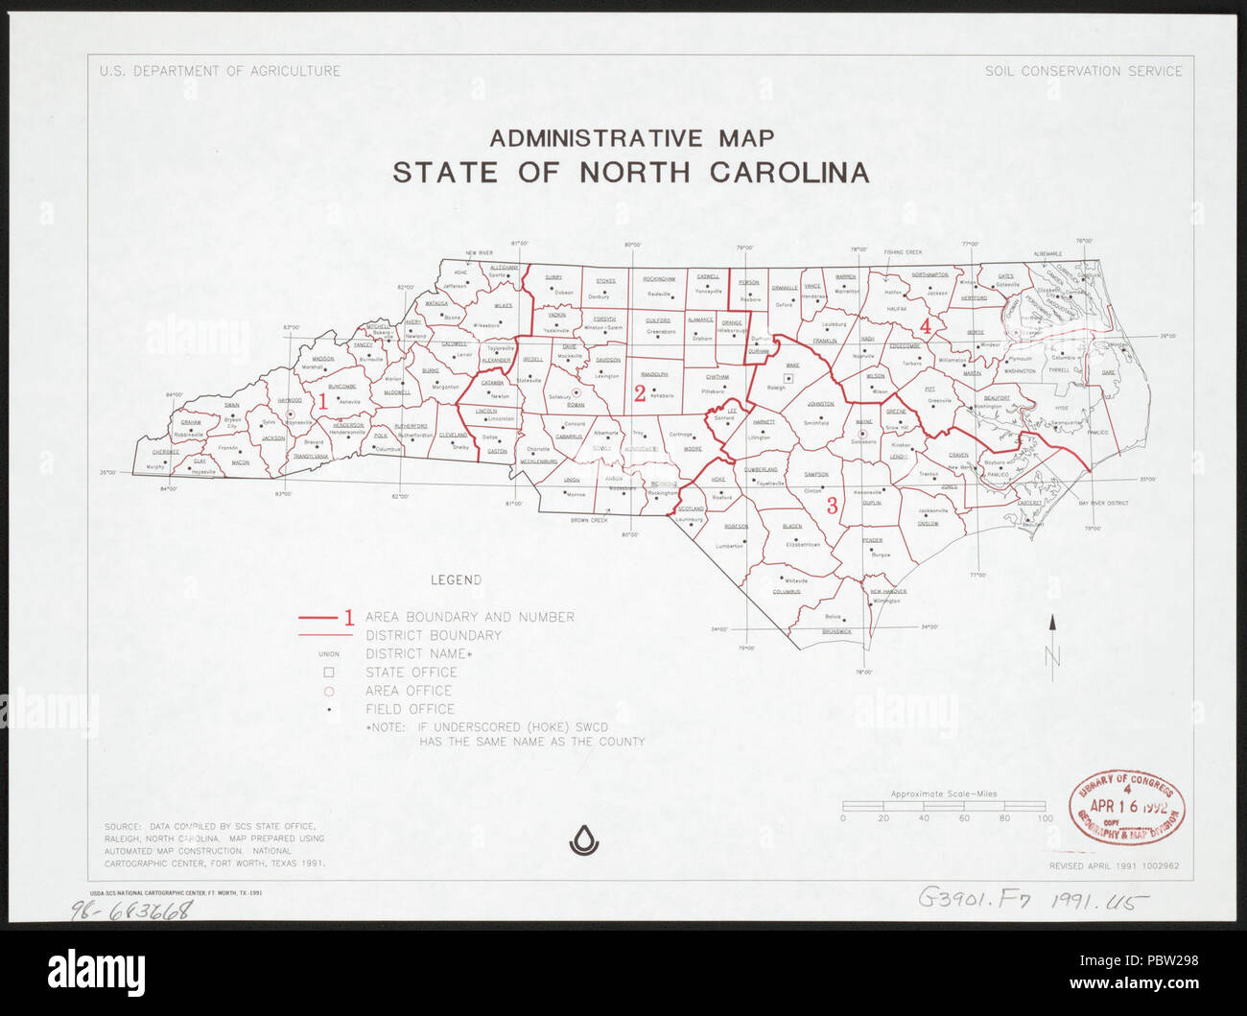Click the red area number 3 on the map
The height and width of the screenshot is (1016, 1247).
832,505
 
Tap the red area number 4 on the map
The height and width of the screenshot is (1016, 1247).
926,327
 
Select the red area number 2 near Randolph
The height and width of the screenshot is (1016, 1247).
640,392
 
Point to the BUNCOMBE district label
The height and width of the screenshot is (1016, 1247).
341,387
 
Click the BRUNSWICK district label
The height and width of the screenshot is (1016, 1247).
836,631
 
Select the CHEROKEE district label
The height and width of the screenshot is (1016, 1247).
165,452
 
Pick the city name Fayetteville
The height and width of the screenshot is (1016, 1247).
770,484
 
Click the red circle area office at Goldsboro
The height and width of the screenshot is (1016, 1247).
862,433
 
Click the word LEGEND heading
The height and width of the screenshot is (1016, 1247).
456,580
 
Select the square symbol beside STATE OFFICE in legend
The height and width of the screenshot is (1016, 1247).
328,673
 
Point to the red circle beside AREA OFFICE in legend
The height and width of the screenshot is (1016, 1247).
328,691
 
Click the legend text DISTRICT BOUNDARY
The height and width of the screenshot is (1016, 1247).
433,635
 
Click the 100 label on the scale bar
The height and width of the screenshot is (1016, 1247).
1044,818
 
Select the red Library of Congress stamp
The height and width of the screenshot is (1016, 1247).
1126,807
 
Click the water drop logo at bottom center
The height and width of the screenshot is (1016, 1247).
584,840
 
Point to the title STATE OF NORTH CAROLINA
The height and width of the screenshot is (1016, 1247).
630,173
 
